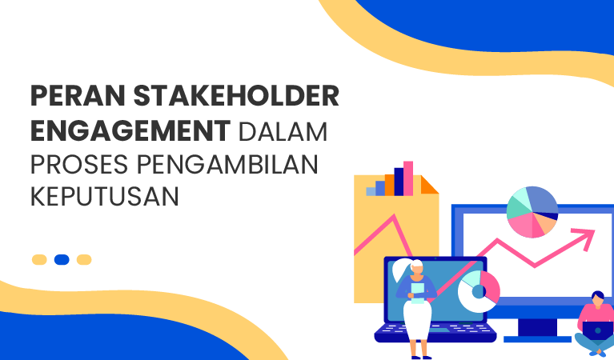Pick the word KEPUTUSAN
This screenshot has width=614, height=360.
104,196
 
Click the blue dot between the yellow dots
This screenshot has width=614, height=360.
62,259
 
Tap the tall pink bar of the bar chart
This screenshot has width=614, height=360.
408,178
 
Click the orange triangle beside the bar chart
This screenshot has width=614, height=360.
428,186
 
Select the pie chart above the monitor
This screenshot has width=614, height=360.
532,212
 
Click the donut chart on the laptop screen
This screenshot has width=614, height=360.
478,290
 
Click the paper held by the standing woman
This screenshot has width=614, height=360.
417,290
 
